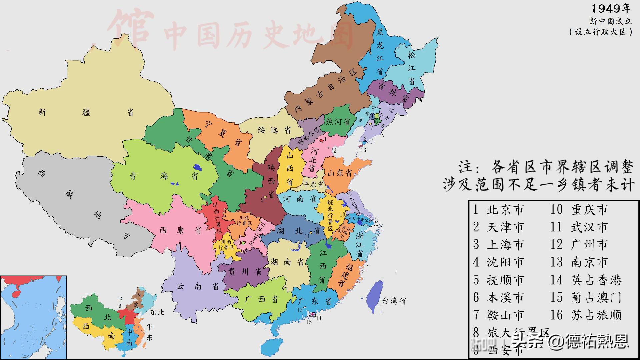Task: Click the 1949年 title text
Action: coord(611,9)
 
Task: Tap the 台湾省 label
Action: coord(394,301)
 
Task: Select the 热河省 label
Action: coord(338,121)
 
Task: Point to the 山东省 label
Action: coord(339,173)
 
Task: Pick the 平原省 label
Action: coord(313,184)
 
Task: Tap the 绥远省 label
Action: coord(274,130)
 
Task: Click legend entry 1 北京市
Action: coord(499,210)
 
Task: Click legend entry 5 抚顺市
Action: coord(499,280)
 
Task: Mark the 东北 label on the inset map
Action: coord(157,312)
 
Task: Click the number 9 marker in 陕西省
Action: coord(262,200)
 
